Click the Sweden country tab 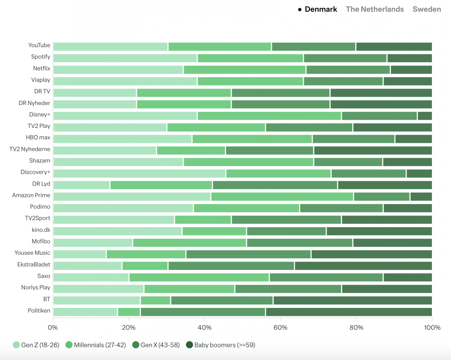[x=426, y=9]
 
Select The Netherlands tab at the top [x=375, y=9]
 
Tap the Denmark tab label [x=321, y=9]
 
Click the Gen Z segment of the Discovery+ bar [x=139, y=174]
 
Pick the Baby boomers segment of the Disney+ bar [x=425, y=116]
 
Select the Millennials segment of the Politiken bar [x=129, y=312]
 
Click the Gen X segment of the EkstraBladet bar [x=231, y=266]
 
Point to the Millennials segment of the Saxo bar [x=199, y=277]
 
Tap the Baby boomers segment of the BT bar [x=352, y=300]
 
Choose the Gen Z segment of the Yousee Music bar [x=80, y=254]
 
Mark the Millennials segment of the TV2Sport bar [x=203, y=220]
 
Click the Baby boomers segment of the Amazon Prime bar [x=421, y=197]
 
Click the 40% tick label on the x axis [x=204, y=328]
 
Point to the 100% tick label [x=432, y=328]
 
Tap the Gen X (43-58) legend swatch [x=136, y=345]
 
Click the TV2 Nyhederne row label [x=30, y=149]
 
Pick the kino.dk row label [x=41, y=230]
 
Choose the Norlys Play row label [x=36, y=287]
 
